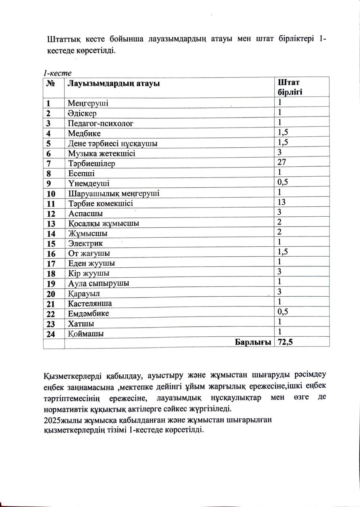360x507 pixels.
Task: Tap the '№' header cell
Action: coord(50,84)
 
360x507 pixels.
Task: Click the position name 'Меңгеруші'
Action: coord(88,103)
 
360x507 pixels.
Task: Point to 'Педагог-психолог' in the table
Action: coord(100,123)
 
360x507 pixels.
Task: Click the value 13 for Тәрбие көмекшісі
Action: coord(282,202)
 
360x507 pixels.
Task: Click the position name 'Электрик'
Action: coord(82,243)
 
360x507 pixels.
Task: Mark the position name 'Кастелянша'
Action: coord(90,303)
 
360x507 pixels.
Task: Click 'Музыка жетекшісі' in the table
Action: coord(101,153)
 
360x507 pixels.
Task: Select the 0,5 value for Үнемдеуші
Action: coord(283,182)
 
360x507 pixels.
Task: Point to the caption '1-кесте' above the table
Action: coord(57,73)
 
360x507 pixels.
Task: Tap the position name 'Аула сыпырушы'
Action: coord(99,283)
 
